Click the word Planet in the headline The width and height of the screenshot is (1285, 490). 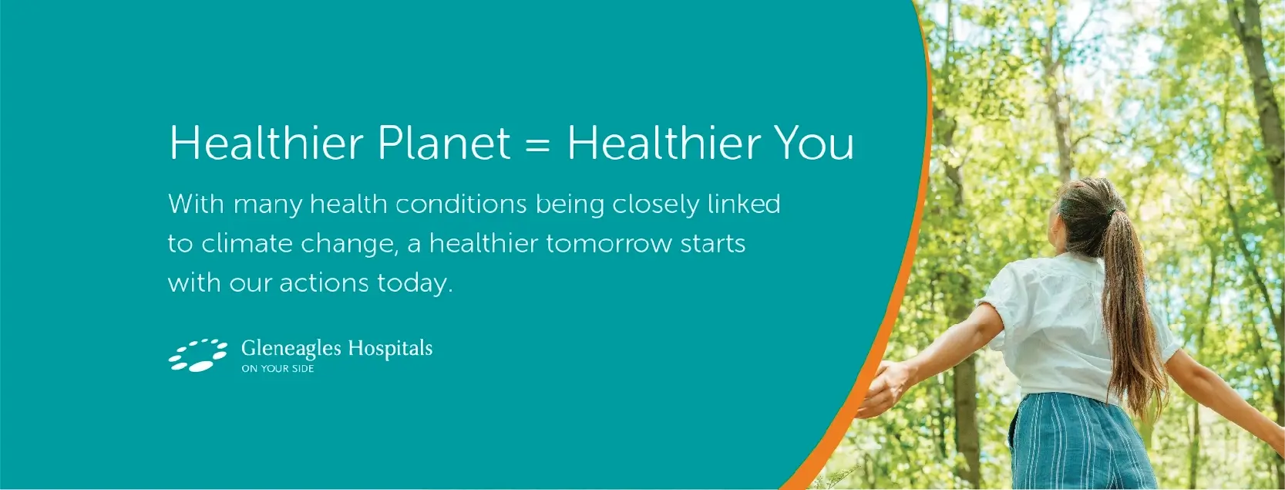click(444, 143)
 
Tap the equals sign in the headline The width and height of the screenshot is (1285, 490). click(537, 144)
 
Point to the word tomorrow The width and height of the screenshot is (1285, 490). click(609, 244)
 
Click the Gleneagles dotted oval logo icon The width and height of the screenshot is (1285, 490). click(198, 355)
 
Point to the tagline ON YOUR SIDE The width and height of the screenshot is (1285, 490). click(278, 369)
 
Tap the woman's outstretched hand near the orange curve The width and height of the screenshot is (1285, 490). click(883, 388)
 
